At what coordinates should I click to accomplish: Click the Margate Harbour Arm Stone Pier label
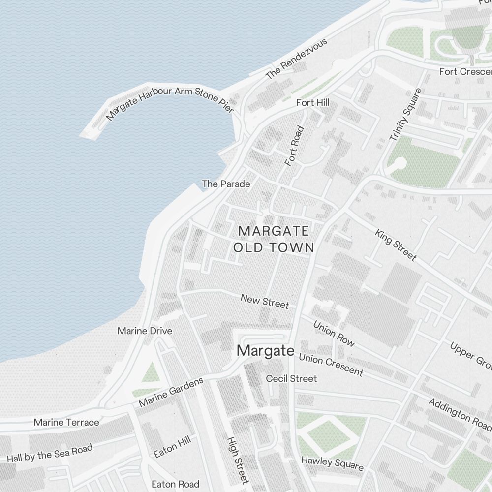click(x=170, y=102)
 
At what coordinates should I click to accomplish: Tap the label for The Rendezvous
click(x=296, y=60)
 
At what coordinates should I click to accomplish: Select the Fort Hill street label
click(x=312, y=103)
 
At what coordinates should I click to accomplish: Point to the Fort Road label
click(x=295, y=146)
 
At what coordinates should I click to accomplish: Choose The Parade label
click(x=226, y=184)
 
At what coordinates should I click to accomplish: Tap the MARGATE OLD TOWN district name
click(x=274, y=239)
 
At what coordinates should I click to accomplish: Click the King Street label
click(x=396, y=245)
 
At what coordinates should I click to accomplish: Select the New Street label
click(x=265, y=301)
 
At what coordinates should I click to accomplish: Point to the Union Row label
click(x=334, y=334)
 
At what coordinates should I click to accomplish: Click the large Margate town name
click(x=266, y=351)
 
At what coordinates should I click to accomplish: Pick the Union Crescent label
click(x=331, y=365)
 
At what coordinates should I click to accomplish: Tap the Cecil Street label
click(x=291, y=378)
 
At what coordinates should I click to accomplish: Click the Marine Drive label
click(x=145, y=331)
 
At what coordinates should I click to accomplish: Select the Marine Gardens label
click(x=171, y=392)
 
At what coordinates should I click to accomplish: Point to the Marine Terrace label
click(x=66, y=422)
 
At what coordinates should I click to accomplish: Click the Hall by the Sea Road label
click(x=50, y=453)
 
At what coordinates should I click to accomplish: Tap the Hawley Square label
click(x=332, y=462)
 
